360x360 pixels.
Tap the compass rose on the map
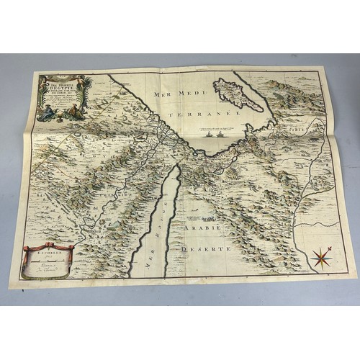(x=322, y=256)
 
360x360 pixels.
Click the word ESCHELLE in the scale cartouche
(x=48, y=254)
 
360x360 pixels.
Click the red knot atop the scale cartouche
(x=48, y=246)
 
